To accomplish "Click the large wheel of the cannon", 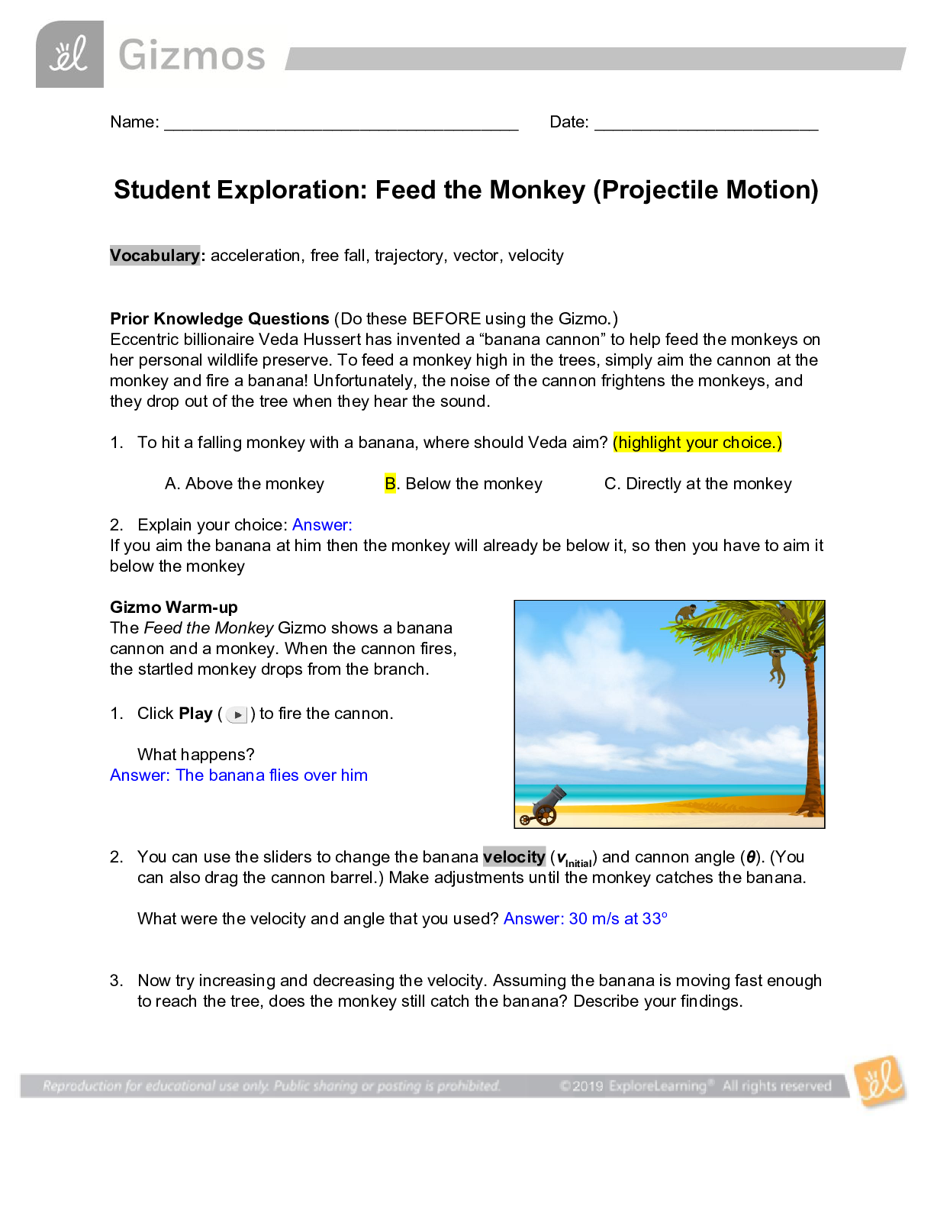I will point(545,814).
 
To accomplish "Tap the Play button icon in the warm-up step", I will point(237,715).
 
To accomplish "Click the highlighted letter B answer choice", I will point(390,484).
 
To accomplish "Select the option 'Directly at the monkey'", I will point(698,484).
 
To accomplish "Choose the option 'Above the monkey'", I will point(244,484).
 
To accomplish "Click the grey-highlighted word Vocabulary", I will point(155,256).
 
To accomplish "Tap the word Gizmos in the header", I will point(192,56).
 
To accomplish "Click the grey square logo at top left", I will point(69,55).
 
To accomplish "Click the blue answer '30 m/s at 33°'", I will point(617,919).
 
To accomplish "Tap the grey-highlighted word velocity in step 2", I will point(514,857).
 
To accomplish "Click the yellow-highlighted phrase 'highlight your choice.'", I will point(697,443).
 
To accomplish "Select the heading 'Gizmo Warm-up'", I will point(174,608).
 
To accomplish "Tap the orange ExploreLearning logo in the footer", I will point(881,1081).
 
